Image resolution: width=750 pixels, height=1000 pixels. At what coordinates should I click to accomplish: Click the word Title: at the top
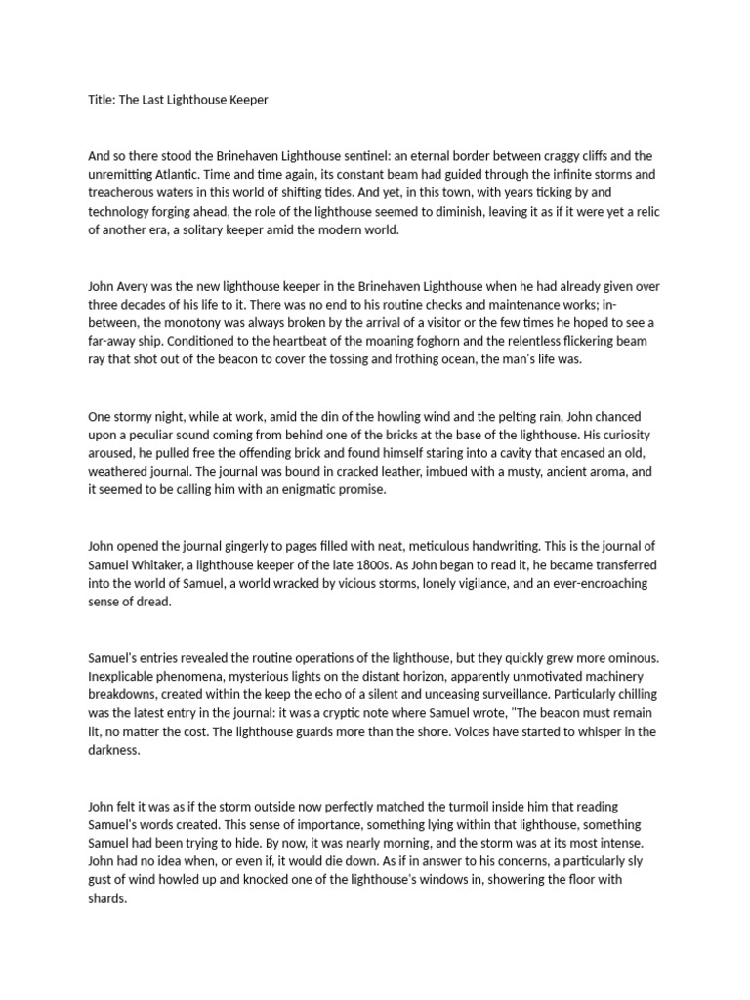[x=102, y=100]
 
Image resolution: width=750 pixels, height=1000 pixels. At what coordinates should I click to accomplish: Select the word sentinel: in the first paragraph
[x=346, y=156]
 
